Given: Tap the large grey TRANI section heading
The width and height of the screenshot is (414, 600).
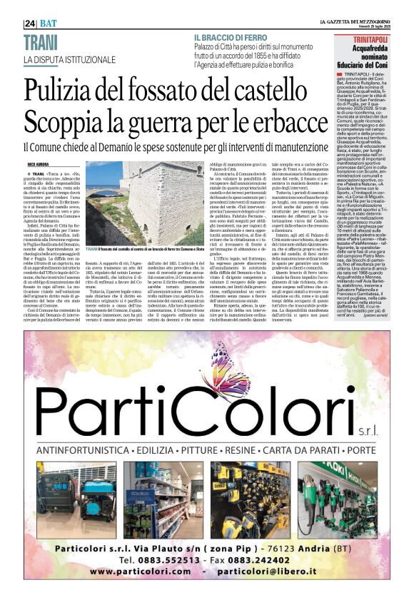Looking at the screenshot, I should click(41, 42).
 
